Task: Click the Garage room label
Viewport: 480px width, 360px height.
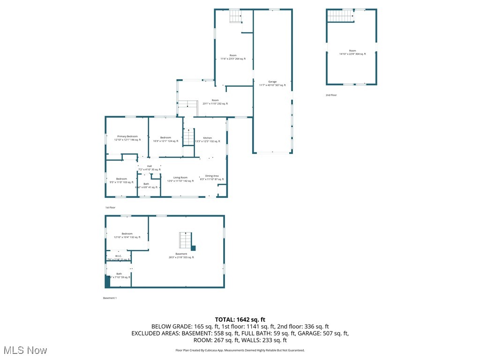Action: point(272,83)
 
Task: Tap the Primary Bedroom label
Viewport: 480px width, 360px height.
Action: point(127,138)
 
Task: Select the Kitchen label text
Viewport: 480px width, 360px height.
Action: point(207,140)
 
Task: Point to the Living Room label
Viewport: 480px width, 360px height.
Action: point(180,179)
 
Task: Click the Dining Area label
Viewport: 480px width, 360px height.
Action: point(212,178)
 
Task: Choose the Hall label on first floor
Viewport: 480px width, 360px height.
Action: point(149,168)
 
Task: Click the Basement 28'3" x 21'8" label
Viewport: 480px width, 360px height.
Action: point(181,255)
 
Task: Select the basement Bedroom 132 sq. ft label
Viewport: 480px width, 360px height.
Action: point(127,235)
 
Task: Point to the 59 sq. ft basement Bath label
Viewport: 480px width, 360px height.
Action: point(119,276)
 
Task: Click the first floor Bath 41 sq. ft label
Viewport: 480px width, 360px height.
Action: point(146,185)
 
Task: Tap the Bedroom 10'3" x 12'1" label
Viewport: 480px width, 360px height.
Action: point(165,139)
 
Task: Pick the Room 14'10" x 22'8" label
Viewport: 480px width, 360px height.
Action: point(352,52)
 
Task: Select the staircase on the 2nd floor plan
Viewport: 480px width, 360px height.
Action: point(340,16)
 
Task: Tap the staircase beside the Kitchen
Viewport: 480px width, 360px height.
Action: point(188,137)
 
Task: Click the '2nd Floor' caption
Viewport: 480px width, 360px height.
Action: point(331,95)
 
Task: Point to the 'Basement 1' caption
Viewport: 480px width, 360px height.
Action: point(110,298)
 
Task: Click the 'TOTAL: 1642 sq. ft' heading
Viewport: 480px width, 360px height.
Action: point(240,319)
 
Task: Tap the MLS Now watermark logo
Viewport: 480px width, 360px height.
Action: point(24,350)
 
